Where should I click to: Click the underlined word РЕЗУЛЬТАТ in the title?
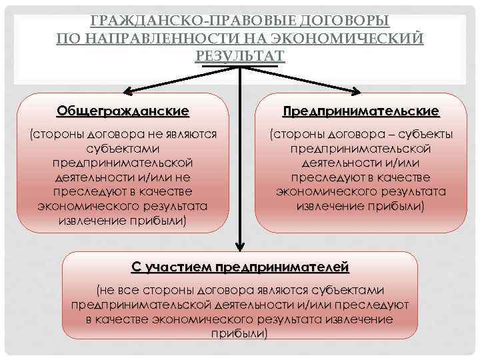(x=240, y=54)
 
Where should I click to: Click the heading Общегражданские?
(x=123, y=110)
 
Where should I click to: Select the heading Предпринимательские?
(x=361, y=110)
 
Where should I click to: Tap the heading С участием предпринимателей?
(x=240, y=268)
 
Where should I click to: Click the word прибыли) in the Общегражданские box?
(x=158, y=220)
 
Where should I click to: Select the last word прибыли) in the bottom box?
(x=239, y=333)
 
